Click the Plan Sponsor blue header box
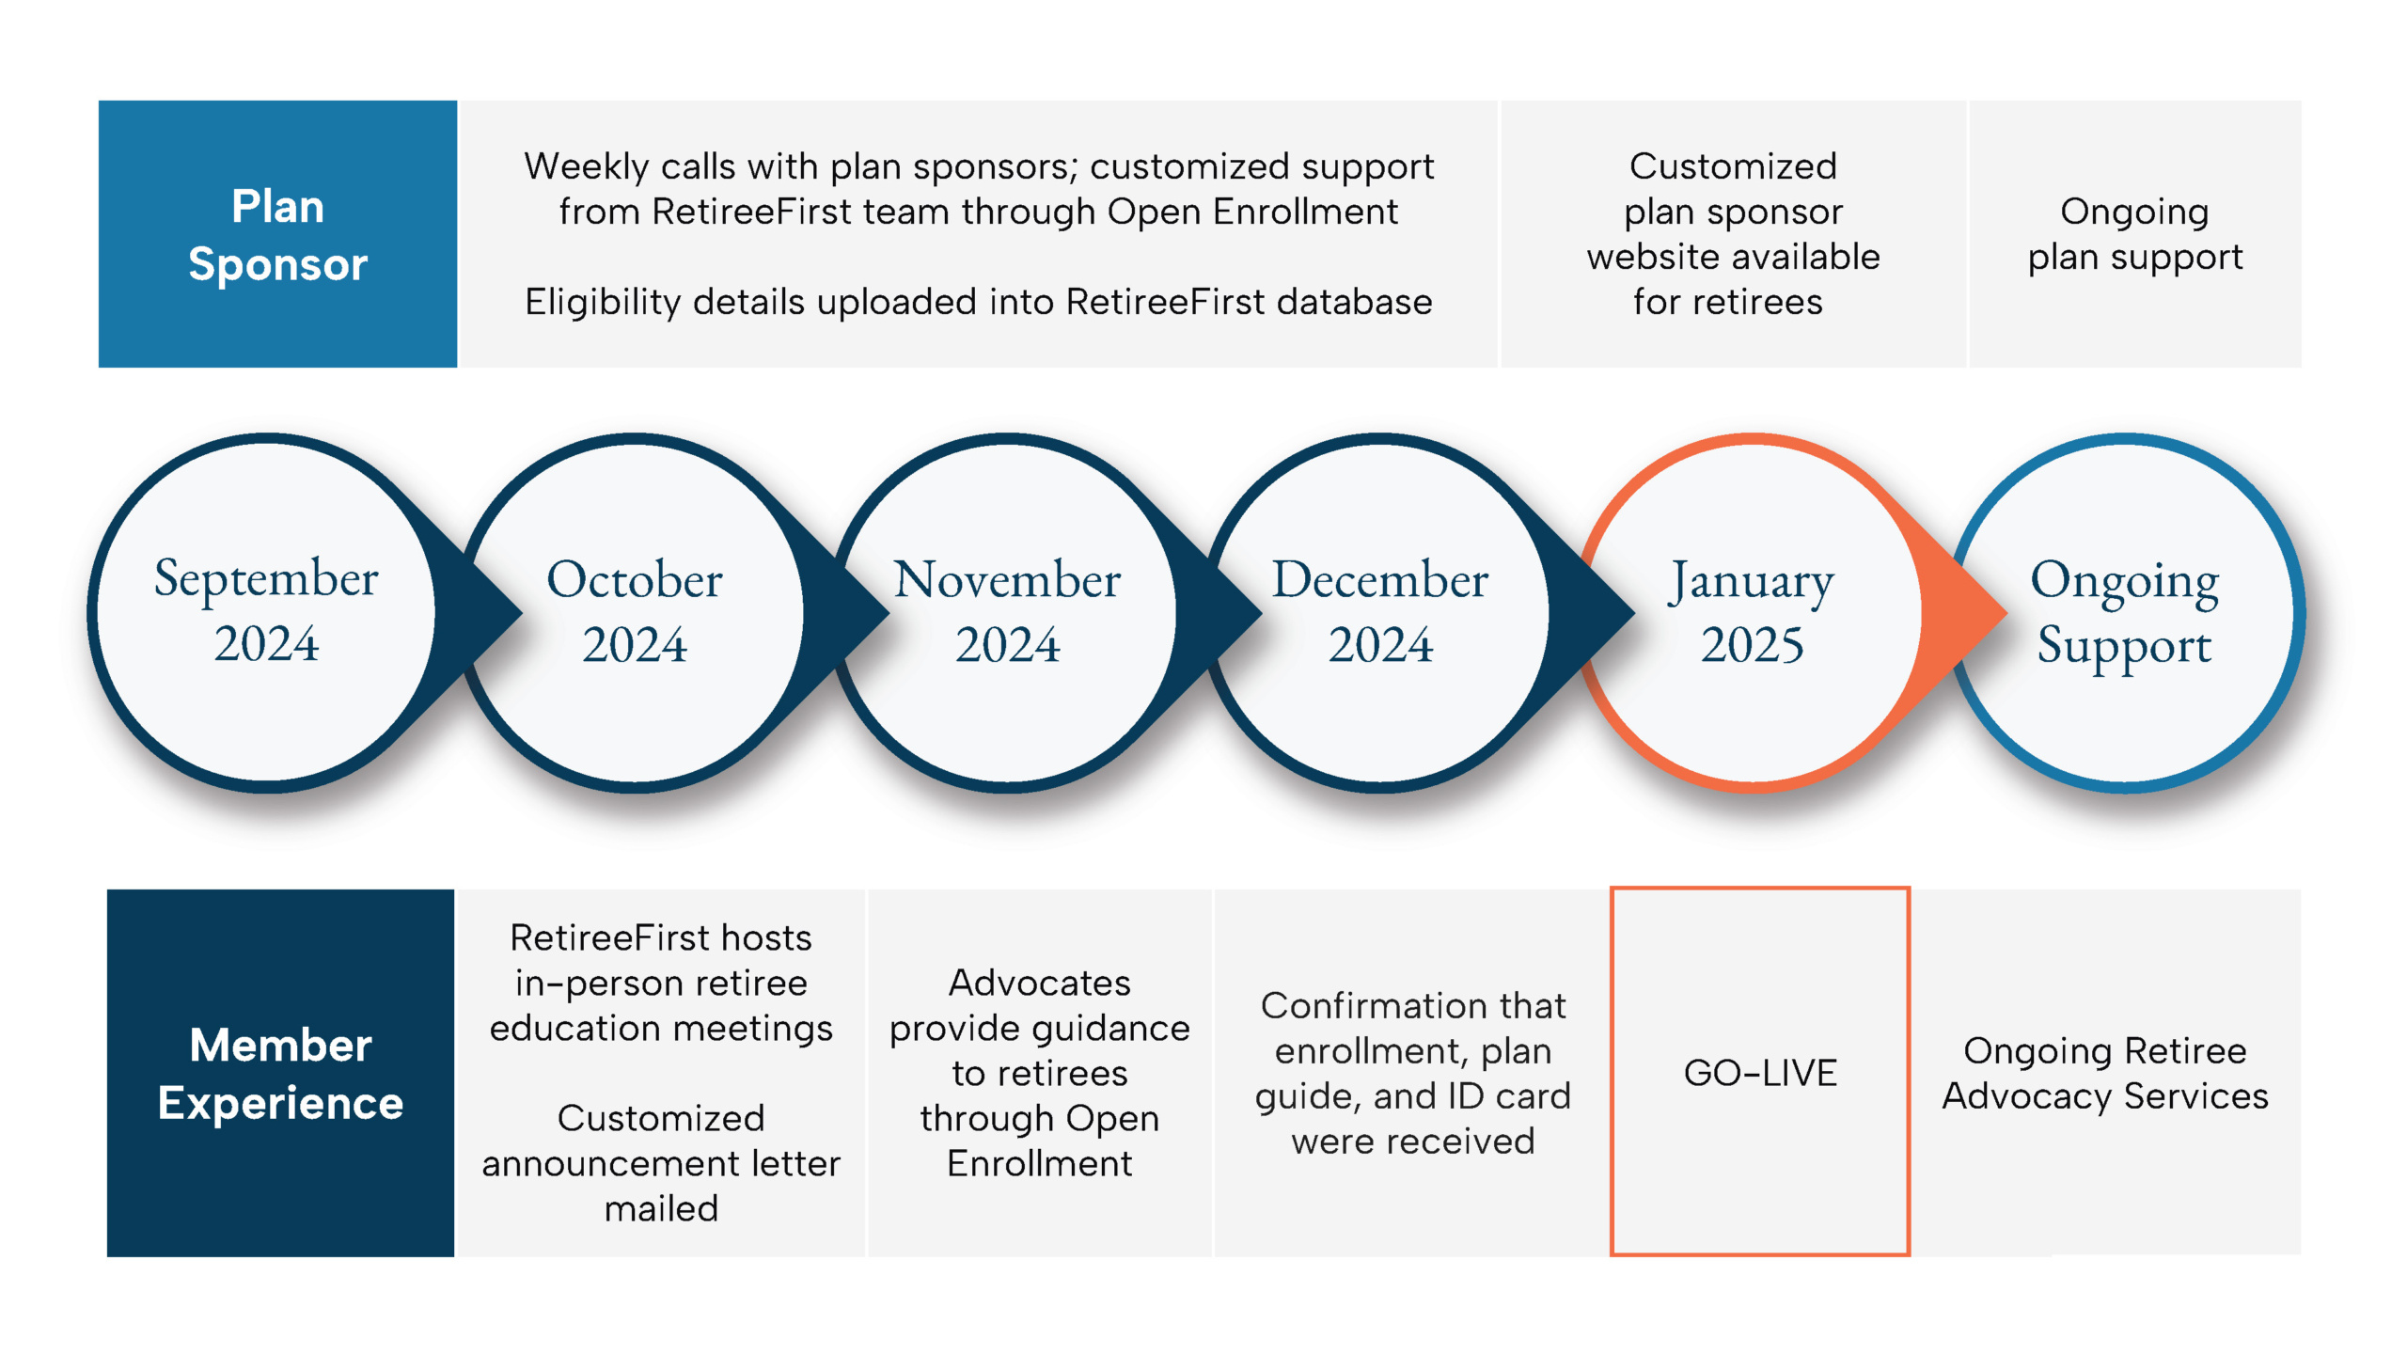277,234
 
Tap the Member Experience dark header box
280,1073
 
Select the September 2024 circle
266,611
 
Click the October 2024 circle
635,611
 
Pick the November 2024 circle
1007,611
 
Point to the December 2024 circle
1379,611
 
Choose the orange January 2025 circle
1752,611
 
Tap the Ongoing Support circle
2124,611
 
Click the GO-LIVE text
1760,1073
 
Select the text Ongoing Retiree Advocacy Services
2105,1073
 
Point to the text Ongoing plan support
2134,234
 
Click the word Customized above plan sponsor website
1733,166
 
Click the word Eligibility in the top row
603,302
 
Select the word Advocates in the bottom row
1039,983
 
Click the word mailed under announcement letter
661,1208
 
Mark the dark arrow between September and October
484,613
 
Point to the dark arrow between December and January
1598,613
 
